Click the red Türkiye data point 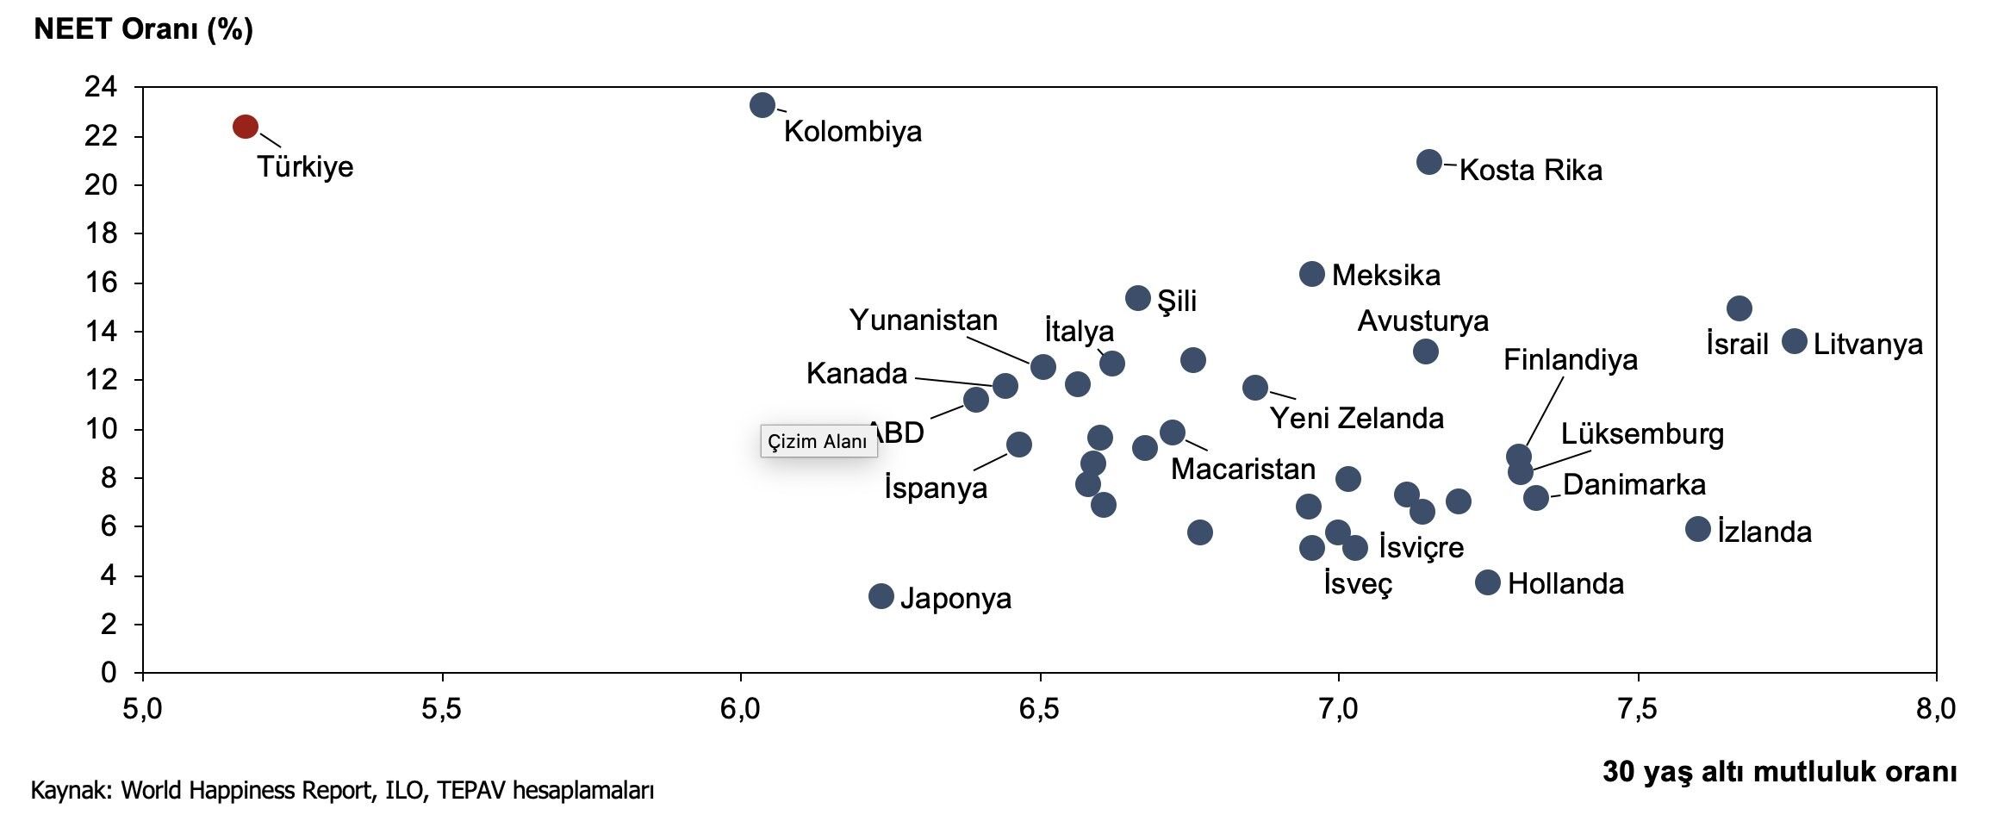point(246,127)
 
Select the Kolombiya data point point(762,105)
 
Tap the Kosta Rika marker point(1428,162)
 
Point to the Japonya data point point(881,595)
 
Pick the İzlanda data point point(1697,529)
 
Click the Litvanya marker point(1795,341)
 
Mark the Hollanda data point point(1487,582)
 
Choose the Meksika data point point(1311,274)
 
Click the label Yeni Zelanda point(1357,418)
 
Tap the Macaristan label point(1242,469)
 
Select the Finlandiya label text point(1570,359)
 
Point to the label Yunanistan point(923,320)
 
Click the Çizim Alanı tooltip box point(818,441)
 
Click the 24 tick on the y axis point(100,87)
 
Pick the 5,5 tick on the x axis point(441,709)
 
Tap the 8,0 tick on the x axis point(1935,709)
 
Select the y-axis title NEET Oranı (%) point(143,29)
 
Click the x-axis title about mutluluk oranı point(1779,771)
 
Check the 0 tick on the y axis point(109,673)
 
